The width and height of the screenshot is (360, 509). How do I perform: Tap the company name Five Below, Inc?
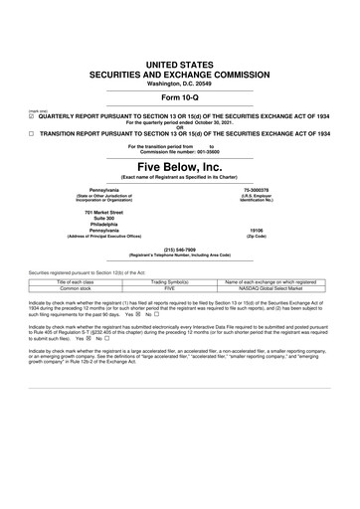point(180,165)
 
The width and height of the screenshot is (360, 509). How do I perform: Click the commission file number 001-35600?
point(212,150)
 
